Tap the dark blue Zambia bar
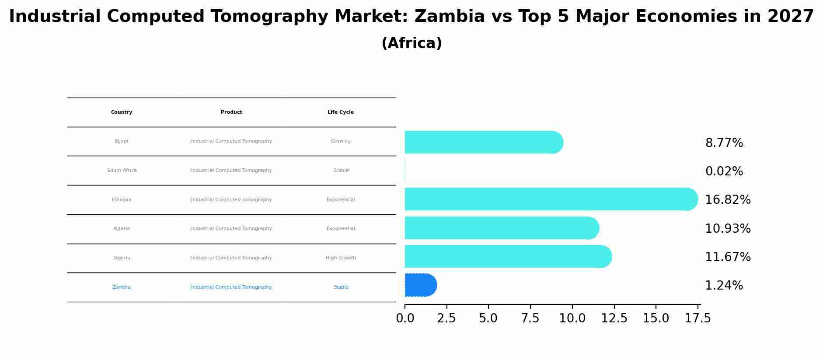coord(420,285)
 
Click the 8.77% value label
coord(724,143)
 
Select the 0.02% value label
coord(724,171)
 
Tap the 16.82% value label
coord(728,200)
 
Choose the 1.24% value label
coord(724,286)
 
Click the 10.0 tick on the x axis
coord(572,318)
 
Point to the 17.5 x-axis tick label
coord(697,318)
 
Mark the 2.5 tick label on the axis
coord(446,318)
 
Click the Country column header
coord(122,112)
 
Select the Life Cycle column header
coord(341,112)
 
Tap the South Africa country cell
coord(122,171)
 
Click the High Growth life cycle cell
coord(341,258)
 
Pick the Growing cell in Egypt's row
coord(341,141)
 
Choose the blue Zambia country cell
coord(122,287)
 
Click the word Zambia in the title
coord(450,17)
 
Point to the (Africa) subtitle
coord(411,43)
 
